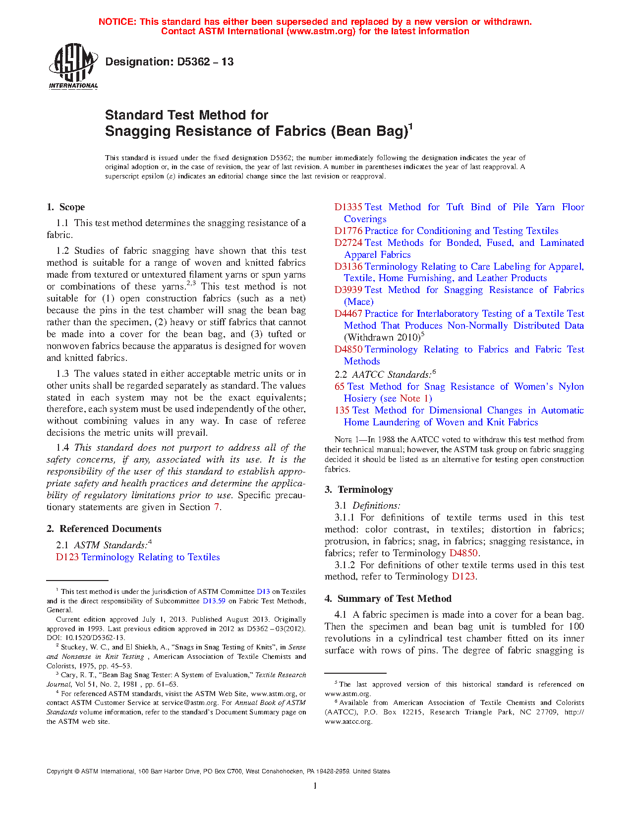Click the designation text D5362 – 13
[x=170, y=62]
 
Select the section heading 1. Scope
[x=65, y=207]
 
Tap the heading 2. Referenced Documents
[x=104, y=529]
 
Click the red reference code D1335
[x=348, y=207]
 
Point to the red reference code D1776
[x=348, y=231]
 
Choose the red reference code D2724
[x=348, y=243]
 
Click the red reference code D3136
[x=348, y=267]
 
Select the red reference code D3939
[x=348, y=290]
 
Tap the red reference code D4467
[x=348, y=314]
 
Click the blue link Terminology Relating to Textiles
[x=151, y=557]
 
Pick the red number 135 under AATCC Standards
[x=342, y=410]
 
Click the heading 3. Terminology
[x=359, y=490]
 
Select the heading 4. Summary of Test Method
[x=388, y=599]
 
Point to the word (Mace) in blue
[x=359, y=302]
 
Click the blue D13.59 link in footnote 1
[x=214, y=601]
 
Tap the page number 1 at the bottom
[x=315, y=785]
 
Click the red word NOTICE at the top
[x=117, y=22]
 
